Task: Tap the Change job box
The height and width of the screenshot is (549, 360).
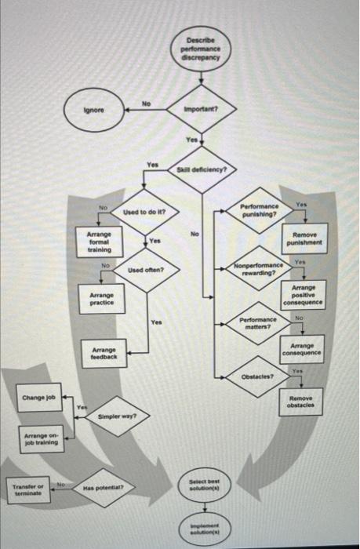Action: [38, 398]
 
